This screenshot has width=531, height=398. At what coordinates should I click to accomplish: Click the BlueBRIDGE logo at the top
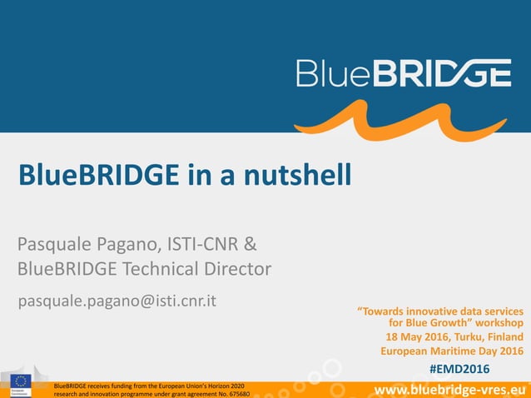point(404,72)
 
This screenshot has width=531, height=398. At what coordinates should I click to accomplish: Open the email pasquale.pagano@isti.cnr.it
point(117,300)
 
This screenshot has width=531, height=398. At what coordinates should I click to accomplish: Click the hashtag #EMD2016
point(459,369)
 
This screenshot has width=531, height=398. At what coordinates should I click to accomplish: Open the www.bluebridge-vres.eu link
point(450,389)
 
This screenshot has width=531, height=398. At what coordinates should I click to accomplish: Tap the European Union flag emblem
point(21,382)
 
